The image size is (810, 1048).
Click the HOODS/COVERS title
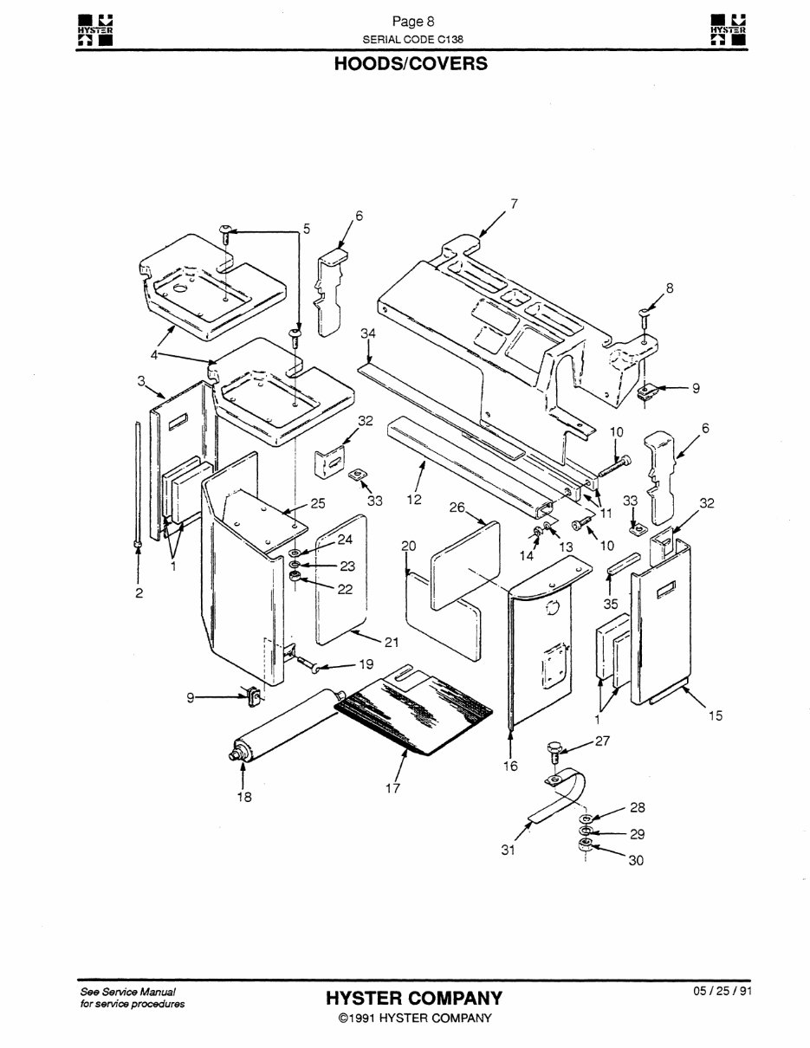411,65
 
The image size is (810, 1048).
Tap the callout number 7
513,204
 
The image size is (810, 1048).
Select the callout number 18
245,798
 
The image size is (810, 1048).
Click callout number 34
368,333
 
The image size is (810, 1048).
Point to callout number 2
139,593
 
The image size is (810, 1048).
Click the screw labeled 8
646,317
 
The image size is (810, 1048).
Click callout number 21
392,642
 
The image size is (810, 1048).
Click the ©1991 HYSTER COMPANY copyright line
414,1018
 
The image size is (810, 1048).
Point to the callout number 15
715,715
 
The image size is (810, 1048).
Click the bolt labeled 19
312,664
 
